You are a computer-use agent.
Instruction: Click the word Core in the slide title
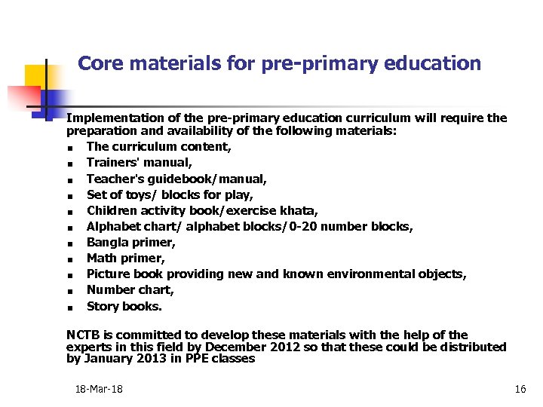pyautogui.click(x=97, y=63)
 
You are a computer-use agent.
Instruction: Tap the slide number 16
pyautogui.click(x=520, y=389)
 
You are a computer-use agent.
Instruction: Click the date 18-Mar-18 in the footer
pyautogui.click(x=99, y=389)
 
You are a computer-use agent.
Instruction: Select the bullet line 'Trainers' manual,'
pyautogui.click(x=140, y=162)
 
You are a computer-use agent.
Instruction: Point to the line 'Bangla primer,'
pyautogui.click(x=131, y=242)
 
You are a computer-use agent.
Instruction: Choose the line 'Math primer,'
pyautogui.click(x=125, y=258)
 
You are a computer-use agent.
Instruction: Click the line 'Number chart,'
pyautogui.click(x=130, y=289)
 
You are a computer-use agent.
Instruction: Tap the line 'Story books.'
pyautogui.click(x=124, y=306)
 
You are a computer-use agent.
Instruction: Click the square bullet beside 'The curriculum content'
pyautogui.click(x=69, y=148)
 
